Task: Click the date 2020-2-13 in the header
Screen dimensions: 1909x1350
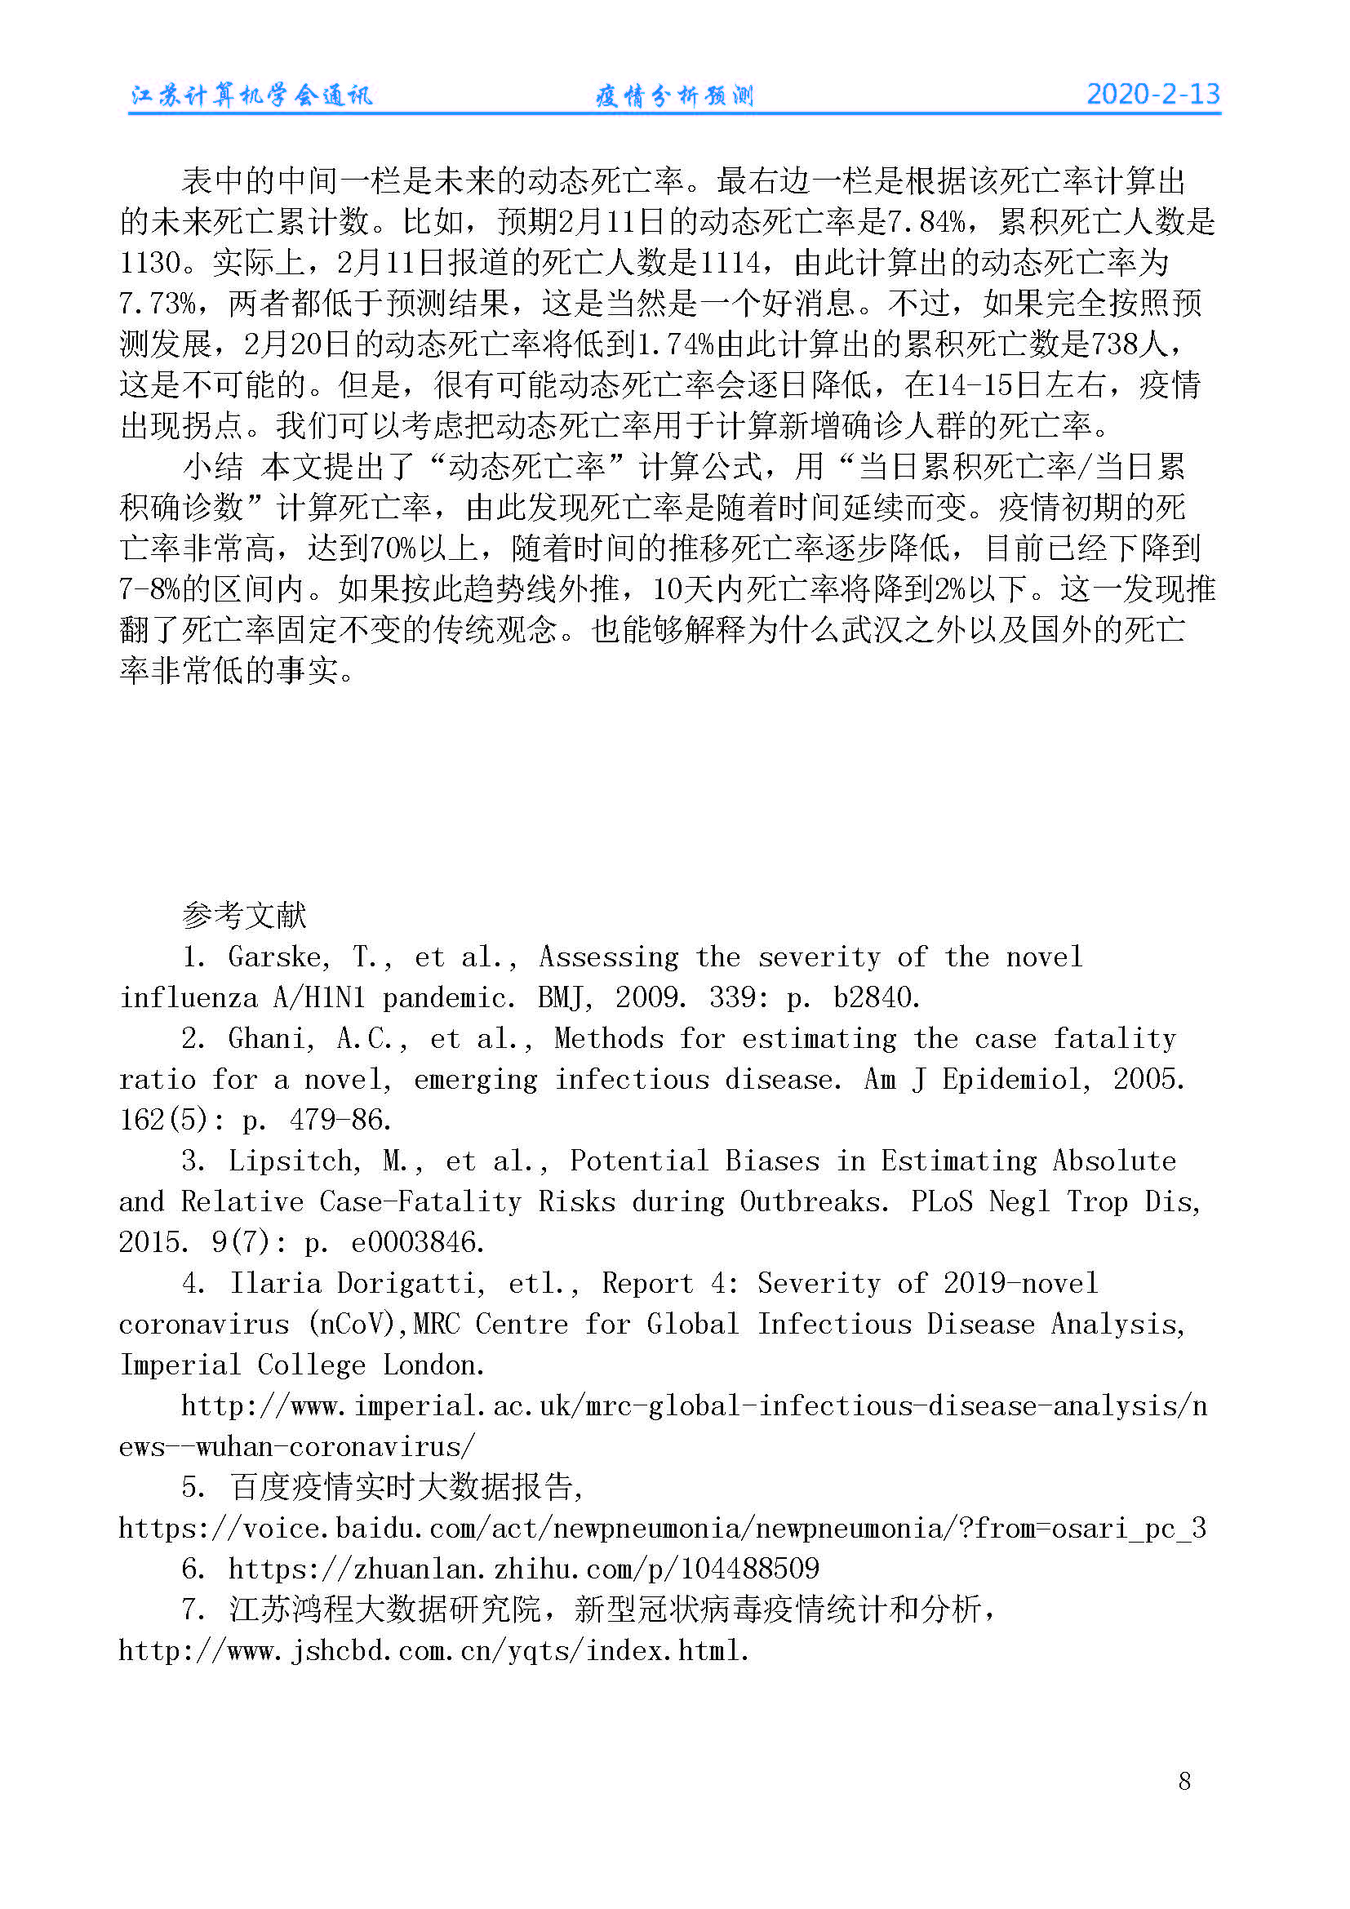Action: click(x=1152, y=94)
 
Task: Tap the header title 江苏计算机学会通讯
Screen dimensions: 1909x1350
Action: click(x=252, y=95)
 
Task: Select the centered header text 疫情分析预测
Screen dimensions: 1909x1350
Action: click(x=674, y=95)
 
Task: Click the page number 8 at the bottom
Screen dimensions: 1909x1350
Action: click(x=1184, y=1780)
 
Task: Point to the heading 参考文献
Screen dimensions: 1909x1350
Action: click(x=243, y=916)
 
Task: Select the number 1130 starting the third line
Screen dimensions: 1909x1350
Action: click(x=149, y=263)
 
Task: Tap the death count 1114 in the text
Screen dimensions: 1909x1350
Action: click(x=730, y=263)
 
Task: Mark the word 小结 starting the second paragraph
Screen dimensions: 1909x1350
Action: click(x=213, y=467)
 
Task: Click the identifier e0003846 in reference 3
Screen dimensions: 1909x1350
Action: click(x=417, y=1242)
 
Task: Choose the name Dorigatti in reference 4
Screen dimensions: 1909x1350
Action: click(x=411, y=1283)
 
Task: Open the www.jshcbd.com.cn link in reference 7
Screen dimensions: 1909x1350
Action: click(x=434, y=1649)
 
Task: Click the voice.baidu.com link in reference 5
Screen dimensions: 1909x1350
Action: click(x=662, y=1527)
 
